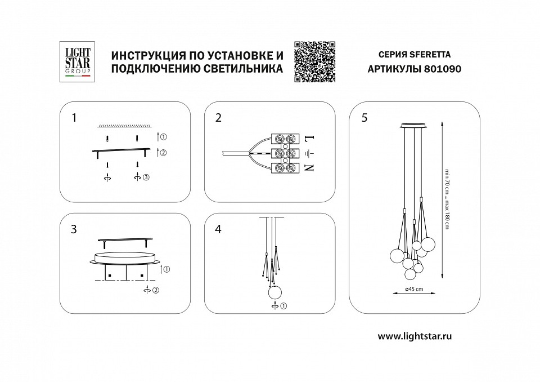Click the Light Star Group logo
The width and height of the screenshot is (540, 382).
click(x=75, y=62)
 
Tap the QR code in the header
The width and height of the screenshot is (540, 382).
click(x=314, y=62)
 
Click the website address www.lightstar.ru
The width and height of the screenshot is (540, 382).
click(x=415, y=336)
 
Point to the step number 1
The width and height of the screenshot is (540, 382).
click(x=74, y=118)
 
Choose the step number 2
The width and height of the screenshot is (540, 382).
click(x=218, y=118)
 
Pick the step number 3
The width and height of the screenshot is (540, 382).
click(x=74, y=229)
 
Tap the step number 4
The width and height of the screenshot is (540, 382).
click(x=218, y=229)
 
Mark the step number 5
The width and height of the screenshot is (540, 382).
click(x=364, y=118)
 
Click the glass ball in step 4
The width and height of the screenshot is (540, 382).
click(x=274, y=293)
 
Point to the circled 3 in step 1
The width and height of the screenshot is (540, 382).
click(x=146, y=178)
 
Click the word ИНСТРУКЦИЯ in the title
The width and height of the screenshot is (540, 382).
click(x=145, y=56)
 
